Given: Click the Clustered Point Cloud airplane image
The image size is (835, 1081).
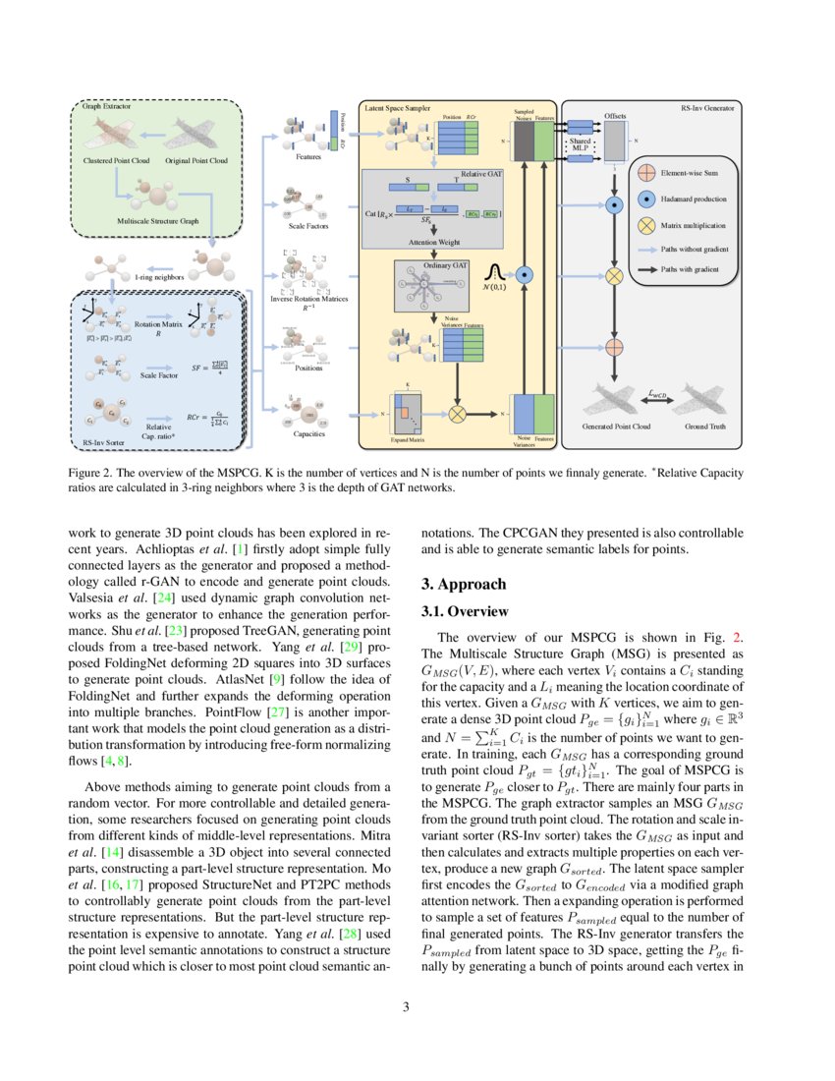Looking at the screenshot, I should [115, 132].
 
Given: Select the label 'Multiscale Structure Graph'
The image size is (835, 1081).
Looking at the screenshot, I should [157, 223].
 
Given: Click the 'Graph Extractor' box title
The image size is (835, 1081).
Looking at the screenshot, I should [104, 105].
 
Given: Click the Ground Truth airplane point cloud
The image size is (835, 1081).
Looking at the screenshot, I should [705, 400].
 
